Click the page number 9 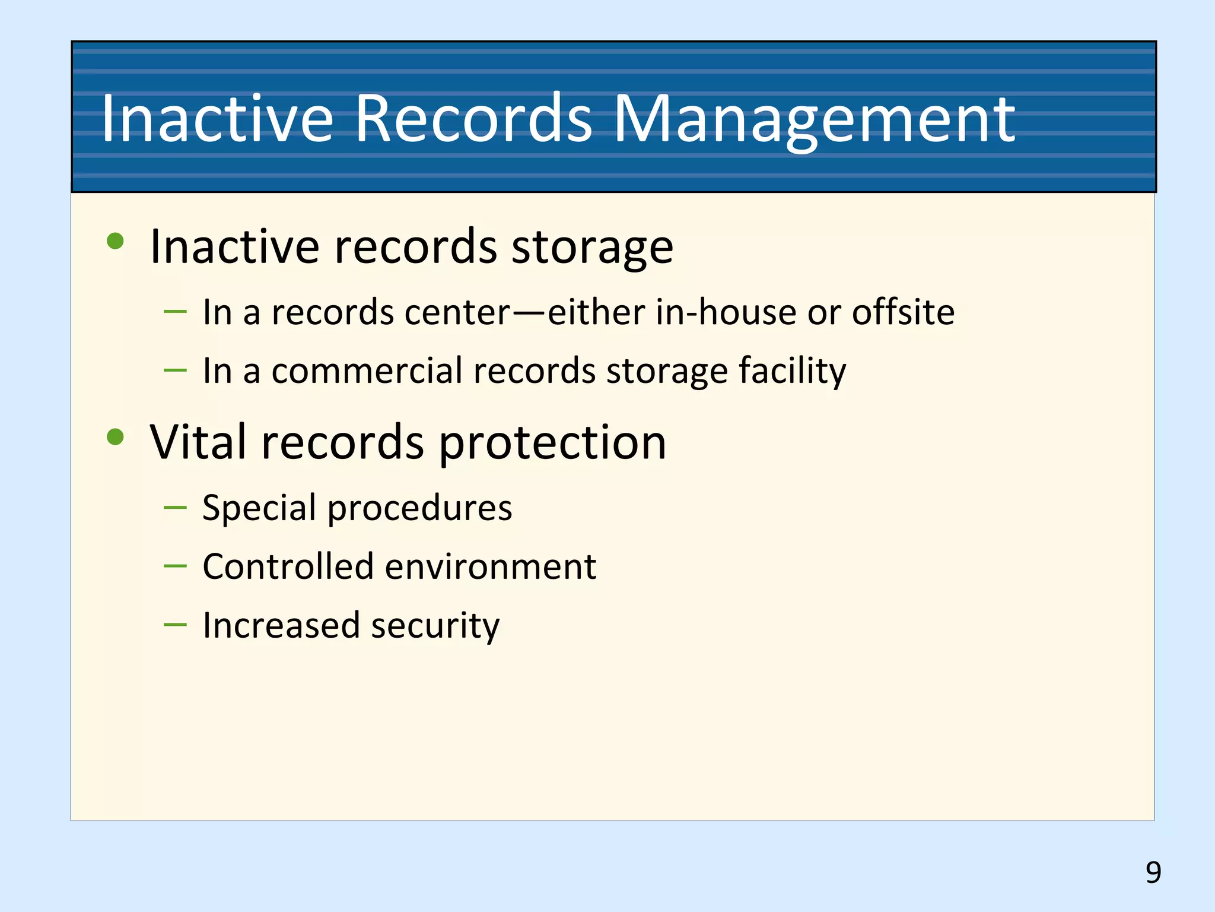[1153, 872]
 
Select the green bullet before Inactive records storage [115, 241]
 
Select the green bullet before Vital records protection [115, 437]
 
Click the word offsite [903, 312]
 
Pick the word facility [793, 372]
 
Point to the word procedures [419, 509]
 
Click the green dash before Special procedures [175, 507]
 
